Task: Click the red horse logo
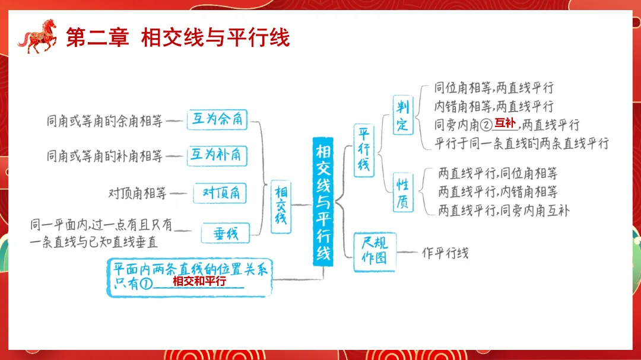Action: [37, 37]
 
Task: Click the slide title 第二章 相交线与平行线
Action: [177, 38]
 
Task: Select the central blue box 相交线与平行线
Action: [323, 202]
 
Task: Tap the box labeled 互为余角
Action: [217, 120]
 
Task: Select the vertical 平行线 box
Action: [363, 150]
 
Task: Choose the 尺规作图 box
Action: [374, 251]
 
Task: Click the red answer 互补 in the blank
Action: [505, 123]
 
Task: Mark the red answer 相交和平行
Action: [199, 282]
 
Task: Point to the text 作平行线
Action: [445, 253]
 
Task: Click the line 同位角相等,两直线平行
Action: [494, 88]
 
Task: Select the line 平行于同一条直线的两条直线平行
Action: [522, 144]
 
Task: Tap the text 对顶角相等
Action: [137, 193]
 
